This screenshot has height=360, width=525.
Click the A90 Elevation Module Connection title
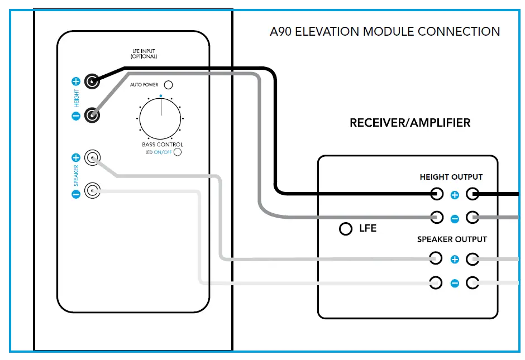(385, 32)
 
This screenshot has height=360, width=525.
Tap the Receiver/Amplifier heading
(410, 123)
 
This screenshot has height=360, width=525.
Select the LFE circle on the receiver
(346, 228)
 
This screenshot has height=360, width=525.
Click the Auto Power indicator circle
(167, 85)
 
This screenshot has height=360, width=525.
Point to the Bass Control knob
(161, 118)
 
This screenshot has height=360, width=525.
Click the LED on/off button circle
(178, 152)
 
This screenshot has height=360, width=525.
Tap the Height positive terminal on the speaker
(92, 81)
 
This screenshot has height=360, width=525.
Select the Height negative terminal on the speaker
(92, 116)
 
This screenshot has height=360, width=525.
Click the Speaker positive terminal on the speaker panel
(92, 158)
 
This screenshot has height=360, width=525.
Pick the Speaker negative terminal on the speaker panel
(92, 192)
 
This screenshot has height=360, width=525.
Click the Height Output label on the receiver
(451, 177)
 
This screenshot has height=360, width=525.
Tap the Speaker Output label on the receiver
(452, 239)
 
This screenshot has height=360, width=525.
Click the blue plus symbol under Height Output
(455, 195)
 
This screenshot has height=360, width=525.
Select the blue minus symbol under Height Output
(455, 219)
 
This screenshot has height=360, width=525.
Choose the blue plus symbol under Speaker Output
(455, 260)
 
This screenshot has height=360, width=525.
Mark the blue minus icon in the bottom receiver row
(455, 284)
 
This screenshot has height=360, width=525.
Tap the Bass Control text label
(162, 145)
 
